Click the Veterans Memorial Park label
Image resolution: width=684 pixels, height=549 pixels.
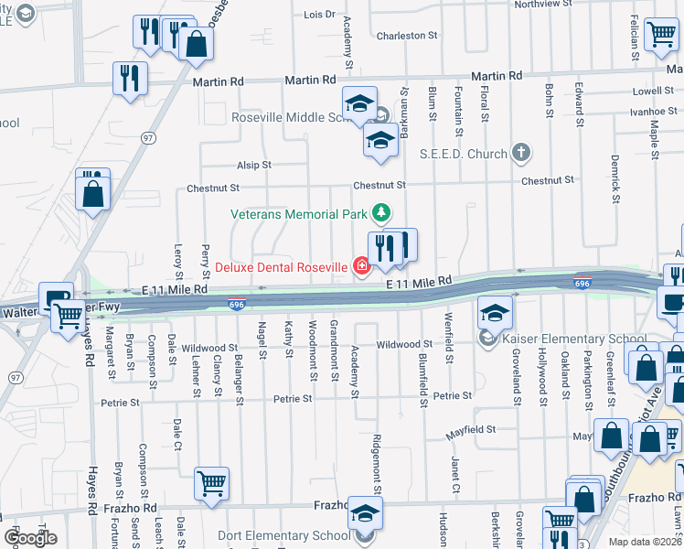298,214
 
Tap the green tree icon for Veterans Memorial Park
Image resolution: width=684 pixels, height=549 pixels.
382,214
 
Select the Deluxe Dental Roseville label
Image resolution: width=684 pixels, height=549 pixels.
282,267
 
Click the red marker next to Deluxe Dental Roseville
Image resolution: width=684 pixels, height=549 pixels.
362,267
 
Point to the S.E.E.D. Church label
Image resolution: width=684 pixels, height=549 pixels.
463,154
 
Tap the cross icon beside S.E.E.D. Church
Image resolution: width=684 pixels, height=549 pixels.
521,152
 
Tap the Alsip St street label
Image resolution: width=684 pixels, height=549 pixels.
254,165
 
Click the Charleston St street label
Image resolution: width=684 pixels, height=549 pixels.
401,36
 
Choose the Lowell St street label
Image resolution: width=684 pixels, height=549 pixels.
652,91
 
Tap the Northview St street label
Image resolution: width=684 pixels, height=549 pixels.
549,4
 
